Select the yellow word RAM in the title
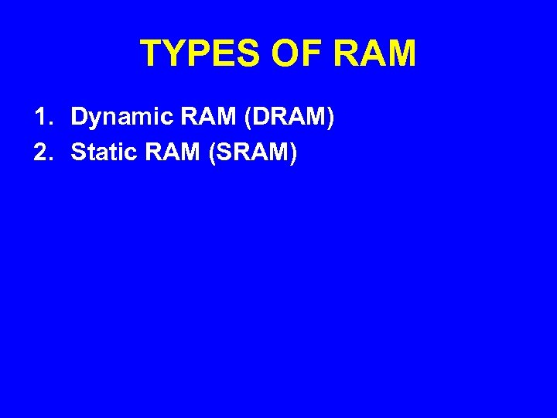(376, 54)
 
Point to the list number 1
(40, 118)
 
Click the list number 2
(40, 152)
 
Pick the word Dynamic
(118, 118)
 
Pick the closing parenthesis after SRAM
(292, 153)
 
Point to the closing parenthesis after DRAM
(331, 118)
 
